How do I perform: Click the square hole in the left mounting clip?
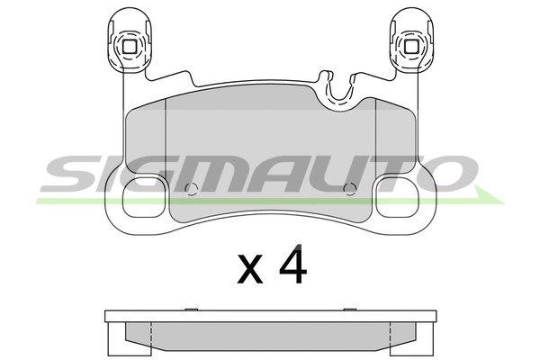coord(129,48)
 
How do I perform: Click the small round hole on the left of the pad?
coord(189,189)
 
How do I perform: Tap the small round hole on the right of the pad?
coord(350,189)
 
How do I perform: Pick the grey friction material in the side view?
coord(270,334)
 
